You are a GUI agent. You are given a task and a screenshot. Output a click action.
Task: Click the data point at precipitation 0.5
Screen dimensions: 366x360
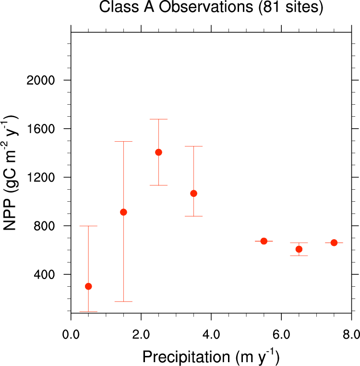click(x=88, y=286)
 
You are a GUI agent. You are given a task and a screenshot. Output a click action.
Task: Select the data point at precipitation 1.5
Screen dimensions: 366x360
click(x=123, y=212)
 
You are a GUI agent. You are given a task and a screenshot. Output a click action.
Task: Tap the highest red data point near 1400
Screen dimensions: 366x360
click(x=158, y=152)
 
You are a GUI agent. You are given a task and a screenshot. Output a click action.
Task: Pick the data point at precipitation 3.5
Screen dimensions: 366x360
click(x=193, y=193)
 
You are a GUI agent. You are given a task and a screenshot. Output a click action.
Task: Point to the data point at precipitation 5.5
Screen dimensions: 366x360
click(x=264, y=241)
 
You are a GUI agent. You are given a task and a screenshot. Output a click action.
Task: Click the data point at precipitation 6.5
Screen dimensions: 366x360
click(x=299, y=249)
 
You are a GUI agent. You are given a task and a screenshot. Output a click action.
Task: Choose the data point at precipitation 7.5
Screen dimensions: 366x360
click(x=334, y=243)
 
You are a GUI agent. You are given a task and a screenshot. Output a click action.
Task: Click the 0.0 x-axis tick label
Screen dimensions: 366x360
click(x=71, y=333)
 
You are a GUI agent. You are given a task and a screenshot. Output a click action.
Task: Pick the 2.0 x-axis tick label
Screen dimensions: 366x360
click(x=141, y=333)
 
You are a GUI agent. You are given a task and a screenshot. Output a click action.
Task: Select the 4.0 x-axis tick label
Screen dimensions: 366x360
click(x=211, y=333)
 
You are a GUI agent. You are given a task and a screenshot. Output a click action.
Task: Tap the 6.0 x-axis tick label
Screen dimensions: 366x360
click(x=281, y=333)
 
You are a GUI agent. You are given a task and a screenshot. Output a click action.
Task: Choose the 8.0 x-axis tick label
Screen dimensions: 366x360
click(x=351, y=333)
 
